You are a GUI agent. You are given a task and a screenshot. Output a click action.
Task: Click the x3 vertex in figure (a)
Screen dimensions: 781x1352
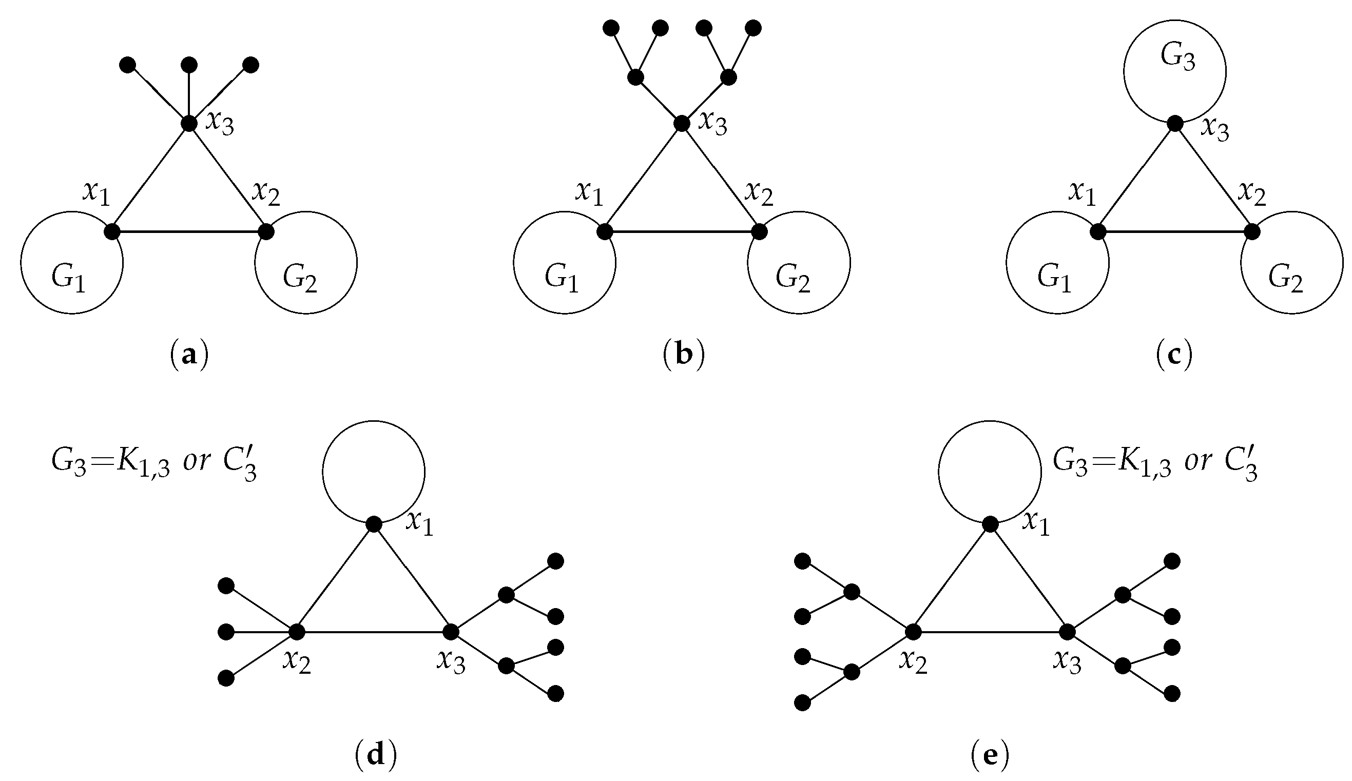point(189,123)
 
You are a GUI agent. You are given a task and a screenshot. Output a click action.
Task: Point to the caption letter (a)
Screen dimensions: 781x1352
point(188,355)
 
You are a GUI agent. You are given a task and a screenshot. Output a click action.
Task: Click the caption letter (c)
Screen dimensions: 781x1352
point(1174,355)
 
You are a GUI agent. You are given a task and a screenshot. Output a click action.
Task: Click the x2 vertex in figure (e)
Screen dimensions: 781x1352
point(913,632)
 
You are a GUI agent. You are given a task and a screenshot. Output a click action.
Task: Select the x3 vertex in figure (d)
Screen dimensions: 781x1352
point(451,632)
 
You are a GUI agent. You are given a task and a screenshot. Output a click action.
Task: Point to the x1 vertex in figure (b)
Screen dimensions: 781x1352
point(605,232)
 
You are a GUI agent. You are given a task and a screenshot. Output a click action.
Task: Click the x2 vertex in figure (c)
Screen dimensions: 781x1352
point(1252,232)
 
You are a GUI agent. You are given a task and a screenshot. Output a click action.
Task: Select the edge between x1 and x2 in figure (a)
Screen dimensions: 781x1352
point(189,232)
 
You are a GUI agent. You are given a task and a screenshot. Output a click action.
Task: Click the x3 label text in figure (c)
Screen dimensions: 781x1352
point(1214,129)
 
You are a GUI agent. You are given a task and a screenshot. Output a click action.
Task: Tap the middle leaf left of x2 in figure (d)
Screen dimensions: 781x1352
point(226,632)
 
